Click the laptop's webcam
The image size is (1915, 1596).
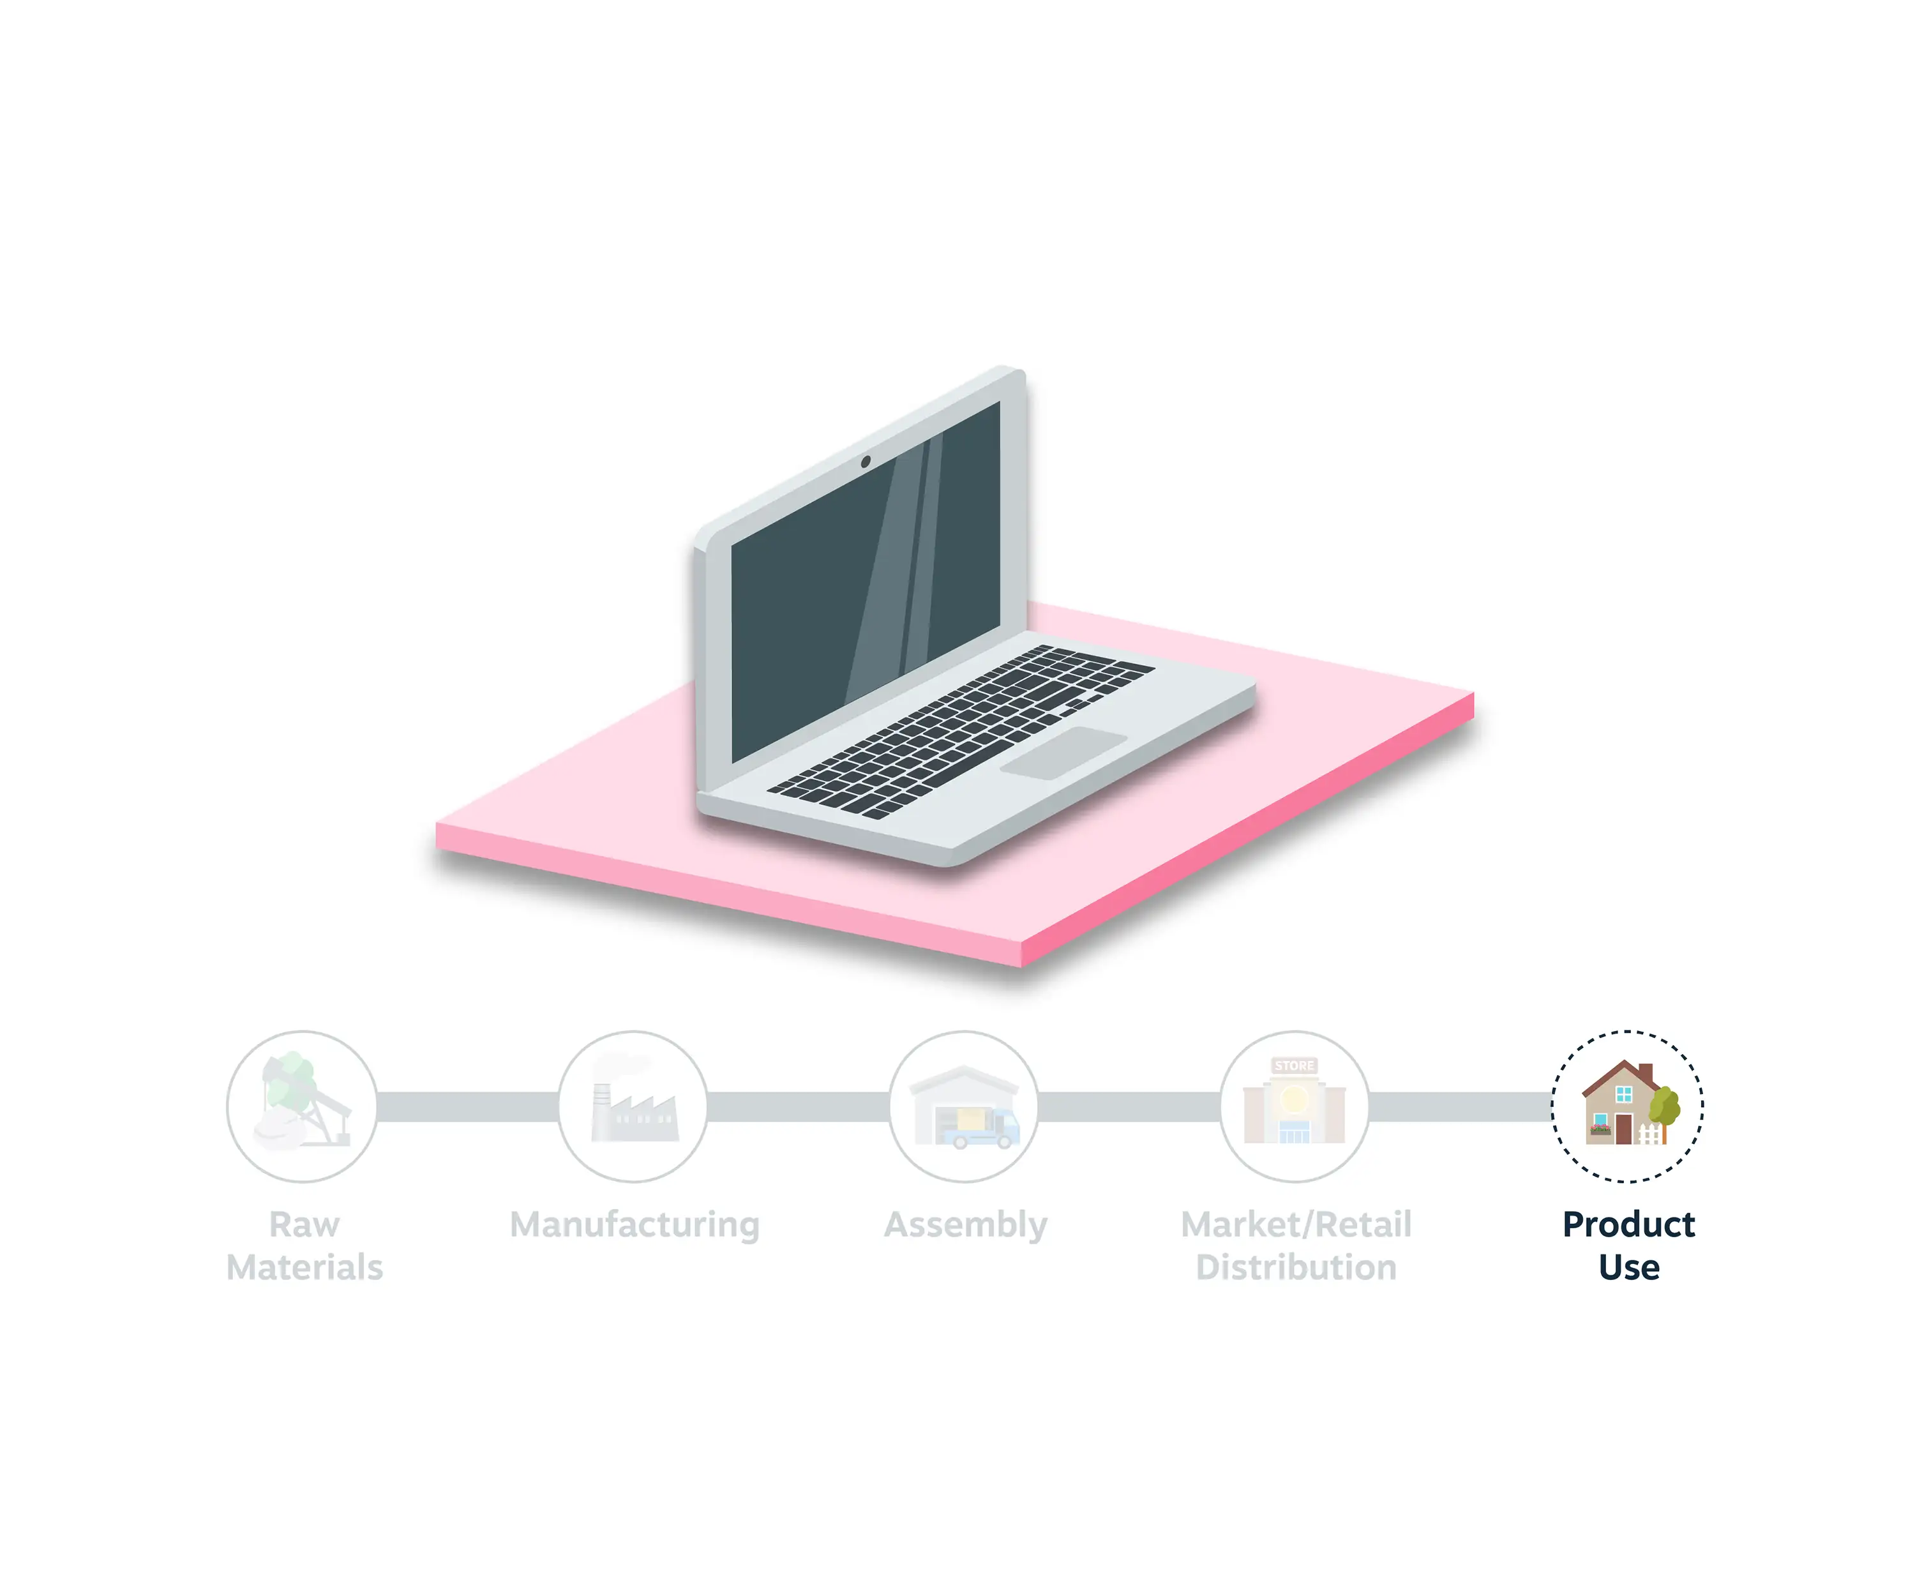[x=866, y=462]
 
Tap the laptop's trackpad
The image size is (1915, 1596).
[x=1063, y=753]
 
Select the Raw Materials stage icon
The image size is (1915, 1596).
[x=302, y=1106]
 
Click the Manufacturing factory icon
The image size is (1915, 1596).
[x=633, y=1106]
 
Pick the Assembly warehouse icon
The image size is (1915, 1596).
[x=964, y=1106]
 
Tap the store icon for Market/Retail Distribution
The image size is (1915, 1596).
[x=1295, y=1106]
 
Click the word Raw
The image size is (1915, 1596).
[x=304, y=1224]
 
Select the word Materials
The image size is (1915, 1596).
[x=304, y=1267]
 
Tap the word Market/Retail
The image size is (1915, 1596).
[x=1296, y=1224]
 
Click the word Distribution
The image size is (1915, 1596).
[x=1296, y=1267]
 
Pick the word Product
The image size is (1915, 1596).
[x=1628, y=1224]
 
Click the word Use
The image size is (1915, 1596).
[x=1628, y=1267]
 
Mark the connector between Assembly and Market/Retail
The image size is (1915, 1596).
[x=1130, y=1106]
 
